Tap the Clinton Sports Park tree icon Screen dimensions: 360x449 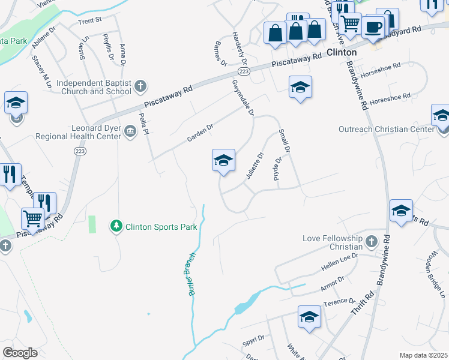[115, 226]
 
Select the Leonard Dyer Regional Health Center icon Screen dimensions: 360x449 [130, 131]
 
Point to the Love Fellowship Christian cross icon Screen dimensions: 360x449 [372, 242]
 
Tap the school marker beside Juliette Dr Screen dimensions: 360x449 [223, 161]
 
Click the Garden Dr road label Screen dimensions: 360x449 [200, 133]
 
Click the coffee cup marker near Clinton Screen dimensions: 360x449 [373, 27]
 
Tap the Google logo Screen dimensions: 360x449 [20, 353]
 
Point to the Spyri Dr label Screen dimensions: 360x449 [253, 341]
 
